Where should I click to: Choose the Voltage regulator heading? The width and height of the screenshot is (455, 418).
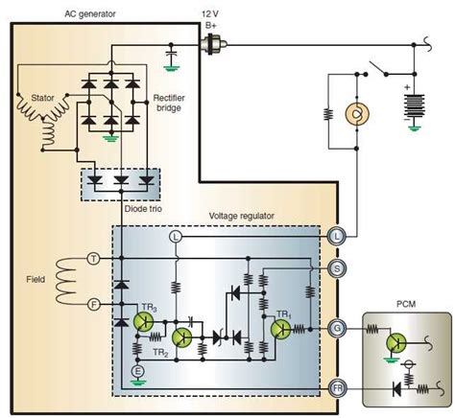[248, 216]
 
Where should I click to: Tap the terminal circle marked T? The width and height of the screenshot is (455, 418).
[93, 258]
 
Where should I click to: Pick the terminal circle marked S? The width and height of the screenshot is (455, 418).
[338, 269]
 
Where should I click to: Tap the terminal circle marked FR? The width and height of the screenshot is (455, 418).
[338, 386]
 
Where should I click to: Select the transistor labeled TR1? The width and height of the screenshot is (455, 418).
[281, 329]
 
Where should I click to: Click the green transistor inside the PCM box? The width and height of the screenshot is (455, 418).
[396, 341]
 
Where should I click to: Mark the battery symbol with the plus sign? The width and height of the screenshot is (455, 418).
[415, 101]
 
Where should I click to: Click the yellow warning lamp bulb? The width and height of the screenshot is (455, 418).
[356, 113]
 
